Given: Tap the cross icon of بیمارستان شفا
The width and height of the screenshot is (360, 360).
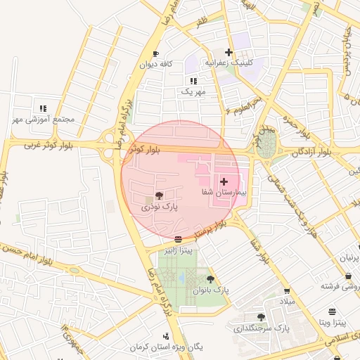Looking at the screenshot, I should pyautogui.click(x=224, y=181).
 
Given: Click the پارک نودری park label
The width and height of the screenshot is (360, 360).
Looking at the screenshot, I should pyautogui.click(x=160, y=207).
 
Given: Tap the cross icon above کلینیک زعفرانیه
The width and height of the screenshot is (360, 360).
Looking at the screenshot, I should pyautogui.click(x=228, y=51).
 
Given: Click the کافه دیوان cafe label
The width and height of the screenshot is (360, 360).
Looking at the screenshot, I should pyautogui.click(x=156, y=65).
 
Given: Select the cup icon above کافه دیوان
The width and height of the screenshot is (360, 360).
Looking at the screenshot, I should pyautogui.click(x=155, y=53).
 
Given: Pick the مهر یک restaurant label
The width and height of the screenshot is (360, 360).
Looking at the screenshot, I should pyautogui.click(x=193, y=92).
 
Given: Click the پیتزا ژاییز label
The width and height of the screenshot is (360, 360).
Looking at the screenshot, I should pyautogui.click(x=179, y=250).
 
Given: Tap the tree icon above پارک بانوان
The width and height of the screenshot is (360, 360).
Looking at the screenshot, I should pyautogui.click(x=210, y=278).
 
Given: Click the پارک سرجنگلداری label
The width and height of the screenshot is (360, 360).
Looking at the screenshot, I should pyautogui.click(x=262, y=328).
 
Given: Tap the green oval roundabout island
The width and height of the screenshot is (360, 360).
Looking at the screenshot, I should pyautogui.click(x=266, y=146).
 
